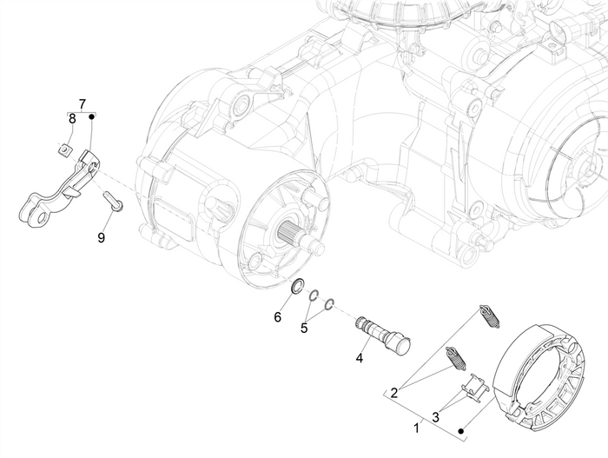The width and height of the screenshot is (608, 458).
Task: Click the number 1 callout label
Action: pyautogui.click(x=417, y=427)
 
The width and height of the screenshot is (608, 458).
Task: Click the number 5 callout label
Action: pyautogui.click(x=304, y=328)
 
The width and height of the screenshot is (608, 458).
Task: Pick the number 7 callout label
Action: pyautogui.click(x=82, y=104)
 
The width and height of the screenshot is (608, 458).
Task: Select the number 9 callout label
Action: pyautogui.click(x=102, y=236)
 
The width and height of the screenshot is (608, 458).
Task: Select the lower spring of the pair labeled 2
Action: pyautogui.click(x=454, y=358)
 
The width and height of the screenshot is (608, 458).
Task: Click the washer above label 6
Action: pyautogui.click(x=296, y=287)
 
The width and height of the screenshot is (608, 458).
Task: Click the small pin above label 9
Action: pyautogui.click(x=113, y=201)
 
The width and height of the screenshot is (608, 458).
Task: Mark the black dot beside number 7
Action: pyautogui.click(x=91, y=114)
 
